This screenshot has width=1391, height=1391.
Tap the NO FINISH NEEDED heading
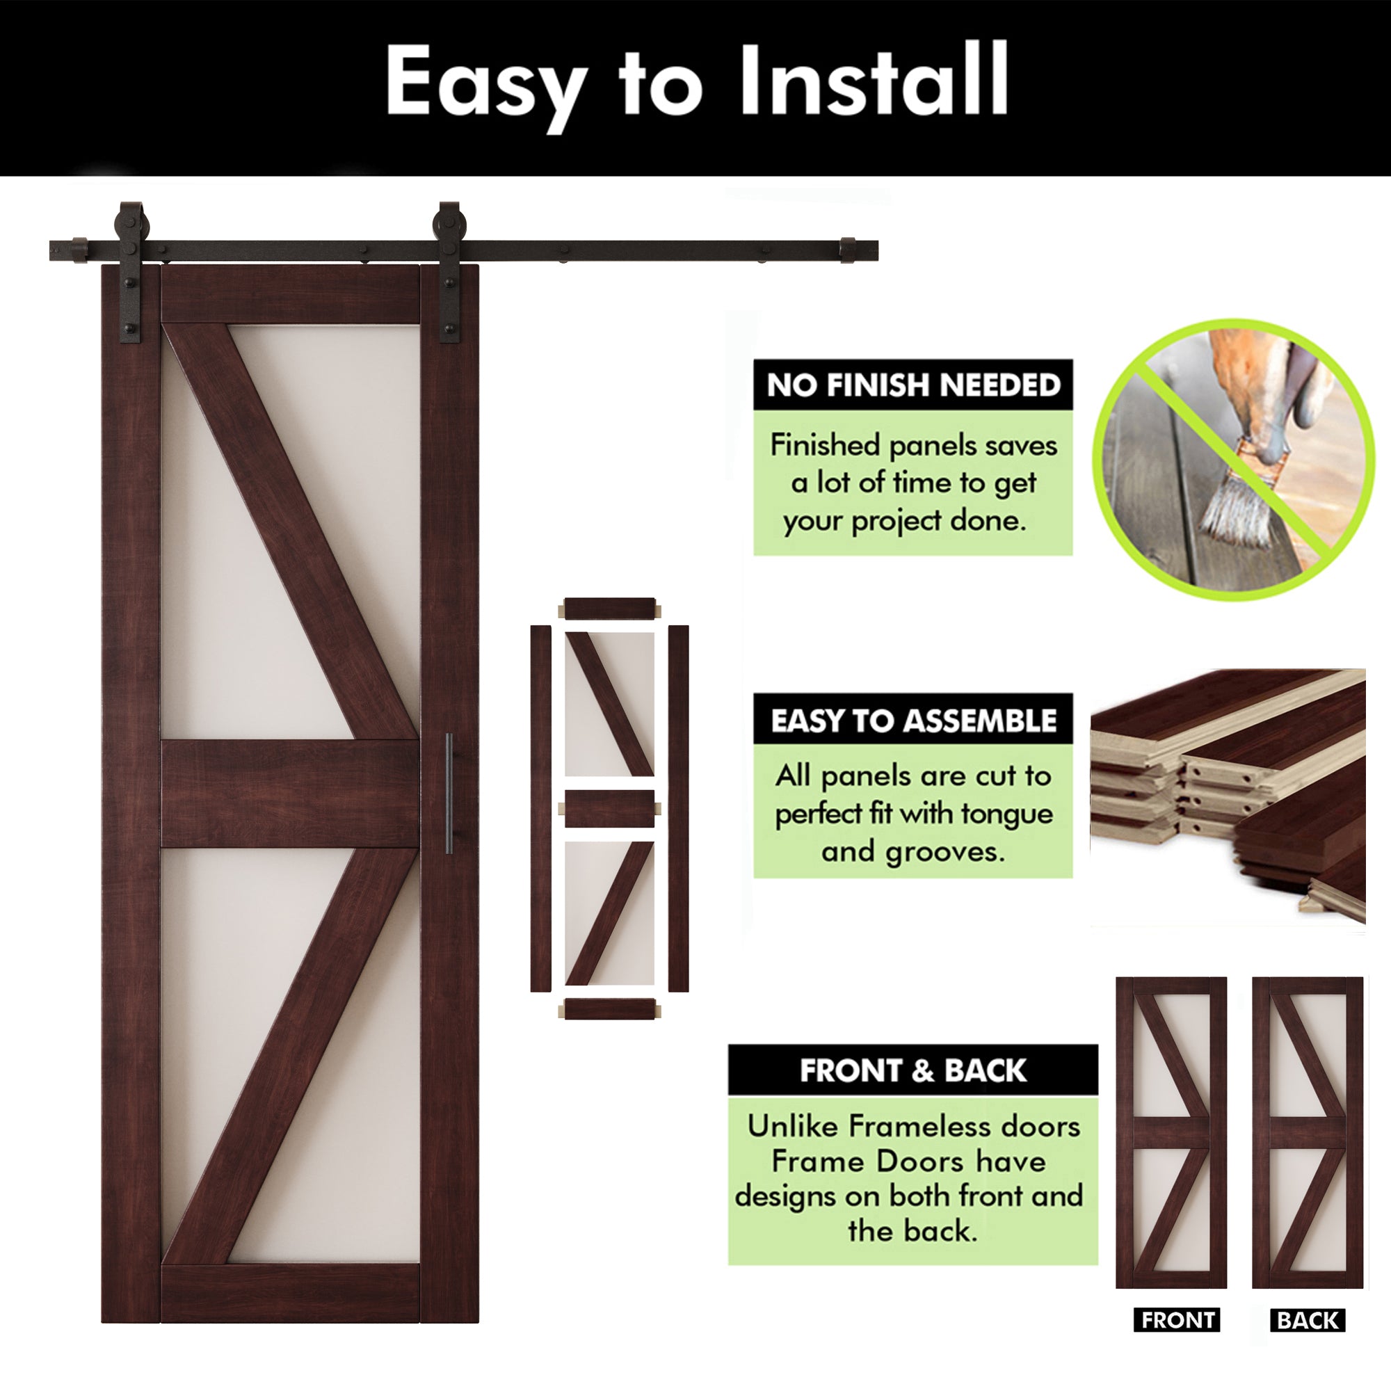(913, 386)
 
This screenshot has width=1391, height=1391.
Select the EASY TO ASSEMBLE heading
(913, 721)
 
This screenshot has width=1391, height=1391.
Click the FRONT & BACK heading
(912, 1070)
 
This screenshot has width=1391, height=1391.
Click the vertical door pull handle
(449, 793)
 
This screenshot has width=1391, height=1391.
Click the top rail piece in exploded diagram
(610, 609)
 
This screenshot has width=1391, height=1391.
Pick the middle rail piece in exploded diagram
(610, 807)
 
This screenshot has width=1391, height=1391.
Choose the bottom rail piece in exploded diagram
(610, 1008)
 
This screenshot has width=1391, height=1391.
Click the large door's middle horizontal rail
(289, 793)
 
